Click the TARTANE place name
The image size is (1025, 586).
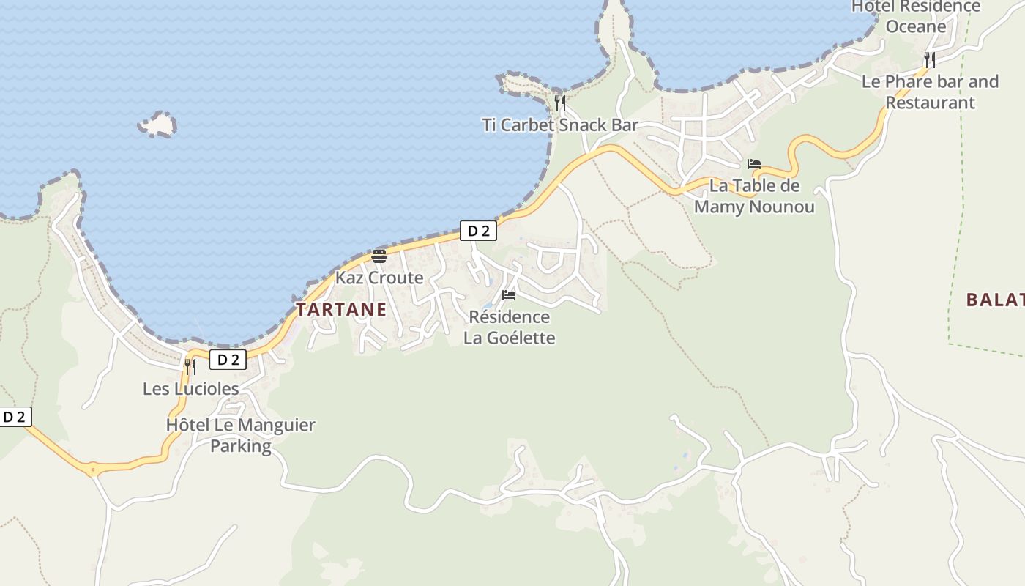[x=341, y=309]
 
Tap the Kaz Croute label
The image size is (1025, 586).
[x=379, y=278]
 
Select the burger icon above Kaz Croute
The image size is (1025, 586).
[x=379, y=256]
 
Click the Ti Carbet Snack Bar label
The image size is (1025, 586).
[x=560, y=125]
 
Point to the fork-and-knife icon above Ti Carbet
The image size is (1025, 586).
[x=560, y=103]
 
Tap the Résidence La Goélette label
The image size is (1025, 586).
[x=509, y=327]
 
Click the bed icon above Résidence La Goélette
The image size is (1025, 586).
[x=509, y=295]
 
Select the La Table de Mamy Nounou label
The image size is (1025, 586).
[x=754, y=196]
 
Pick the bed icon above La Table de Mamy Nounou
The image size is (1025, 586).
[x=754, y=164]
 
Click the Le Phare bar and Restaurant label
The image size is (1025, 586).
[x=930, y=92]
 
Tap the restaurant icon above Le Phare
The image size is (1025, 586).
[x=929, y=59]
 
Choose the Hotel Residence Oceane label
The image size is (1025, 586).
[x=916, y=16]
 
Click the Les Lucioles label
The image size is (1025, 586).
[x=190, y=388]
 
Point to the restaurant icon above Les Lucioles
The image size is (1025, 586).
[x=190, y=366]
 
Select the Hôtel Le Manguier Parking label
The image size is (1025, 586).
[x=240, y=435]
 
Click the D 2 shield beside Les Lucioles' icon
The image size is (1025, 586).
[x=228, y=360]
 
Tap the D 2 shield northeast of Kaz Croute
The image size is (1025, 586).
[x=478, y=231]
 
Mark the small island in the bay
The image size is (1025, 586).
[x=157, y=125]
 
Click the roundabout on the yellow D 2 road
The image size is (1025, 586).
[x=93, y=469]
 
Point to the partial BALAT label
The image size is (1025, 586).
[x=994, y=300]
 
